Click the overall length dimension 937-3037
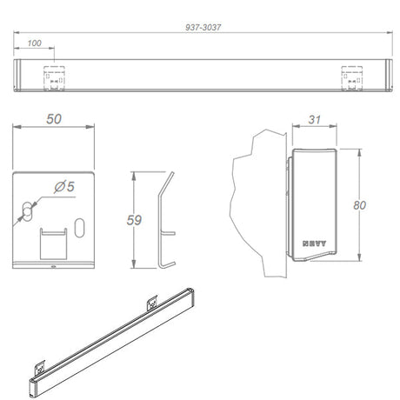coord(204,26)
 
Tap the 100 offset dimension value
coord(35,43)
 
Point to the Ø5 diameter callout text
coord(63,185)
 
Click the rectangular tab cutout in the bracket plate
coord(54,243)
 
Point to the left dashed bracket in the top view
coord(54,77)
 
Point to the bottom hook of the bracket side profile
coord(168,263)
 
